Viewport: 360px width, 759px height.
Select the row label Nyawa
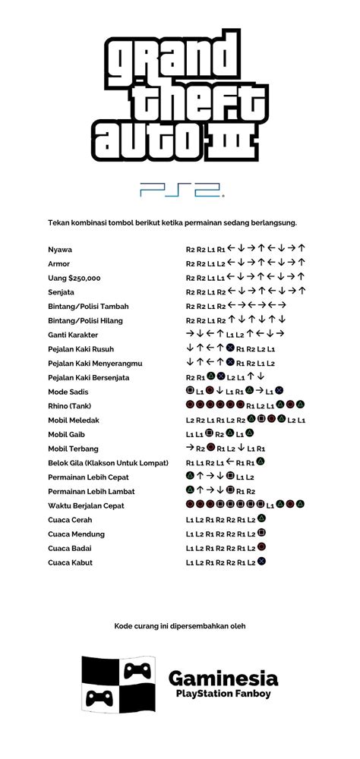click(61, 249)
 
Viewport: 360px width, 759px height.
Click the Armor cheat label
click(60, 263)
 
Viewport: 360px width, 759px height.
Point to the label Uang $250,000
click(74, 278)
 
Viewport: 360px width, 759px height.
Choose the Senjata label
click(63, 292)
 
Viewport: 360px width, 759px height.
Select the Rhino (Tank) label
click(70, 406)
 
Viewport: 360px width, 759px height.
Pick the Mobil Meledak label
click(74, 420)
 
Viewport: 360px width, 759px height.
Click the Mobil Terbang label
click(73, 449)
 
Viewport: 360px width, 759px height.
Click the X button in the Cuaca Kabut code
click(261, 562)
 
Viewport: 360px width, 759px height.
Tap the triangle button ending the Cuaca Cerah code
click(261, 519)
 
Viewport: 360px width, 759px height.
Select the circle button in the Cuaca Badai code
click(261, 547)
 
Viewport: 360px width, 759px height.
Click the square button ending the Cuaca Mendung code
click(261, 534)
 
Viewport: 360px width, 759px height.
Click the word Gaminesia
click(223, 678)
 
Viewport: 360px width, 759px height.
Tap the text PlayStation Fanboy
click(223, 694)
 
